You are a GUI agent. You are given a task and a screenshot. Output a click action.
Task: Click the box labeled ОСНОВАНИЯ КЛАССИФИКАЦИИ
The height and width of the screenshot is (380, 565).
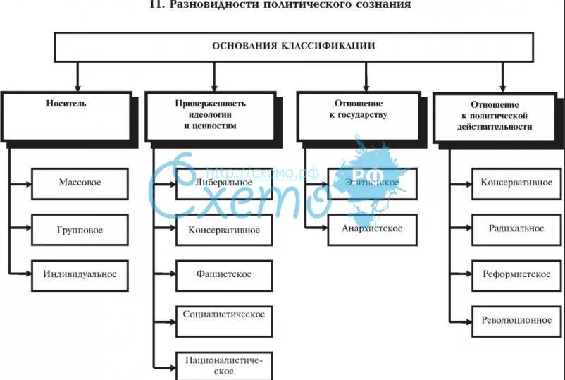(x=293, y=47)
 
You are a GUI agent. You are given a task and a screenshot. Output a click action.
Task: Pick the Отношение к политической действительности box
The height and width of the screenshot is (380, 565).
(x=501, y=116)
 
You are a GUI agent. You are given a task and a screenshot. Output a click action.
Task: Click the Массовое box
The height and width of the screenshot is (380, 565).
(x=80, y=183)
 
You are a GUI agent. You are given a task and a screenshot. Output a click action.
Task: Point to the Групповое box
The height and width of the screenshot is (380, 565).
(x=80, y=230)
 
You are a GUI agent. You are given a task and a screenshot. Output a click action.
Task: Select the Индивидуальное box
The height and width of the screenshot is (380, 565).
(x=80, y=275)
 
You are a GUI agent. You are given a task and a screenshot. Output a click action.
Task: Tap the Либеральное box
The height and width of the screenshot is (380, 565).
(x=223, y=183)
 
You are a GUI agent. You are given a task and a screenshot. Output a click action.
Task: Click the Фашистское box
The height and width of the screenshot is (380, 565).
(x=223, y=275)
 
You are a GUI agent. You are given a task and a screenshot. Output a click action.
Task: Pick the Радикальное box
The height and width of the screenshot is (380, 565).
(x=515, y=230)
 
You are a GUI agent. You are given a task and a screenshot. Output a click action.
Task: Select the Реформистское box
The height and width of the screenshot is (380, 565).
(x=515, y=275)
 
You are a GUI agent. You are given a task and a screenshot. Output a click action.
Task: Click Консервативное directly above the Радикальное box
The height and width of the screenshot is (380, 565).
(x=515, y=183)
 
